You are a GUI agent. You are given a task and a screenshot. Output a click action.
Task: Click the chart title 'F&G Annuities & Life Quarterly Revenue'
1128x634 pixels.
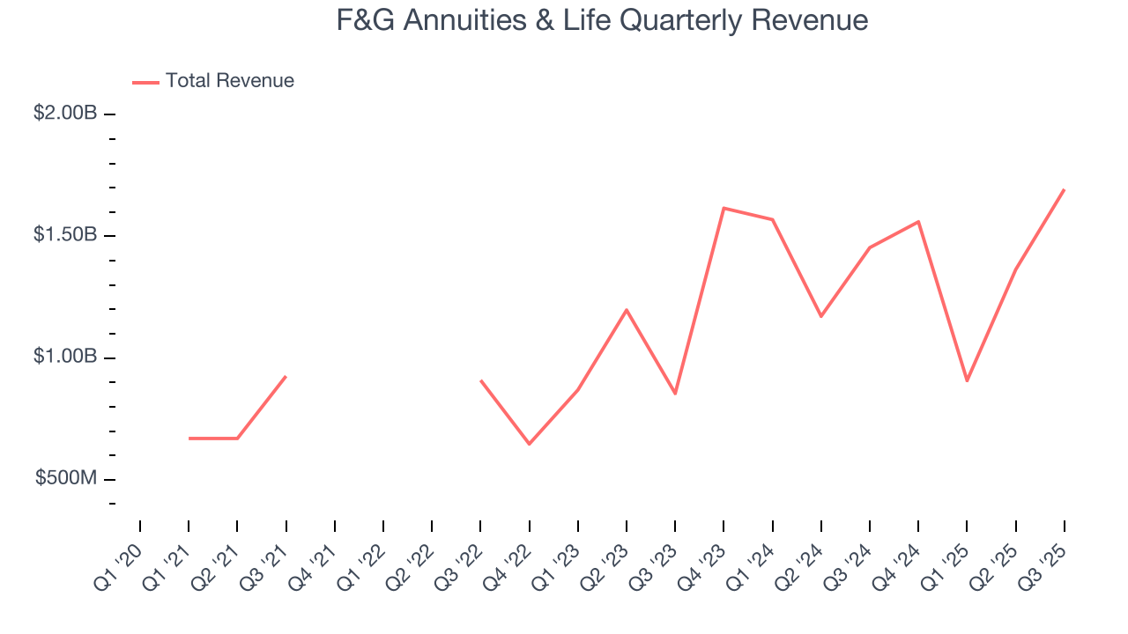pyautogui.click(x=602, y=20)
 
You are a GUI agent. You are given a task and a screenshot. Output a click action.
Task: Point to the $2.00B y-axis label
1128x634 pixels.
pyautogui.click(x=65, y=114)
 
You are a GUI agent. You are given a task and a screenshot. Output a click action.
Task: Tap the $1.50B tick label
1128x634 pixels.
pyautogui.click(x=65, y=235)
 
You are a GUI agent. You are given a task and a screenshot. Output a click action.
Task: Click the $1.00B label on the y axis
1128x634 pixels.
pyautogui.click(x=65, y=357)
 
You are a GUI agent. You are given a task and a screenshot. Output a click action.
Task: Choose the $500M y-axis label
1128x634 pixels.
pyautogui.click(x=65, y=478)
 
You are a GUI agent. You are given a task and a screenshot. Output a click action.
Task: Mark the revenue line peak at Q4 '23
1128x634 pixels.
pyautogui.click(x=724, y=208)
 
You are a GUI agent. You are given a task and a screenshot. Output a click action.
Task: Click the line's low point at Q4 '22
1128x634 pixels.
pyautogui.click(x=529, y=444)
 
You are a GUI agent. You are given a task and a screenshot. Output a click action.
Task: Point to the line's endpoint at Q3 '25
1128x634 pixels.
pyautogui.click(x=1065, y=189)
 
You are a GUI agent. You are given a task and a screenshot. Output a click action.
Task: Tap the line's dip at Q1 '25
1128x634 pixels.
pyautogui.click(x=967, y=380)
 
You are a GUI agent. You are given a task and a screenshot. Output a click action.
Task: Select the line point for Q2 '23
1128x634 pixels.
pyautogui.click(x=627, y=310)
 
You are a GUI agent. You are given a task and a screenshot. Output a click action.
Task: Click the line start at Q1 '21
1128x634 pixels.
pyautogui.click(x=189, y=439)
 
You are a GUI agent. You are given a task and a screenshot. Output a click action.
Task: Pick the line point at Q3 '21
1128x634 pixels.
pyautogui.click(x=286, y=377)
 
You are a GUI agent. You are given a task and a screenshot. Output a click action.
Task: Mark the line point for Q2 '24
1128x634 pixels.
pyautogui.click(x=821, y=316)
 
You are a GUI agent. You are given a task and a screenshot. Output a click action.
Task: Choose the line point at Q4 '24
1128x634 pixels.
pyautogui.click(x=918, y=221)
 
